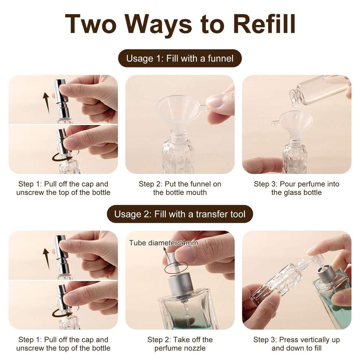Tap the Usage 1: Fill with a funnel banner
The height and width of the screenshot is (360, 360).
tap(180, 58)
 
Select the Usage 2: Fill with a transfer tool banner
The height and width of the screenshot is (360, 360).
tap(180, 214)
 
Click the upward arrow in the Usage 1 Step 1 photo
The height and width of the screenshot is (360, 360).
tap(46, 103)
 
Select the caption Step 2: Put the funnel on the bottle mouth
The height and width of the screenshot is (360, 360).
tap(180, 188)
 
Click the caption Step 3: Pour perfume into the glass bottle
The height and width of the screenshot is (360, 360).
tap(296, 188)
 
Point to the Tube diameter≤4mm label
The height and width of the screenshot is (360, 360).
tap(163, 243)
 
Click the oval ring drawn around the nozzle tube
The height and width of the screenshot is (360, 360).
tap(176, 268)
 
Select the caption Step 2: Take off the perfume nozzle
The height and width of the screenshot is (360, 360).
tap(180, 344)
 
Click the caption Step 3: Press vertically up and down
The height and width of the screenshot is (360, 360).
tap(296, 344)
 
